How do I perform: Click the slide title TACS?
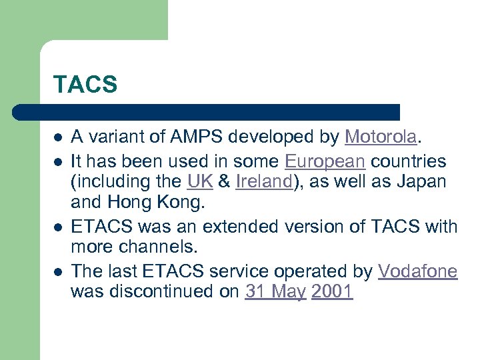85,85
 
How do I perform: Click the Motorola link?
381,137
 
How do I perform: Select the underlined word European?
325,161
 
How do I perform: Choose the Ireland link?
263,182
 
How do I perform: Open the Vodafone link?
417,271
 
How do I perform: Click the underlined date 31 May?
275,292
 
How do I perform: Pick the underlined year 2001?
331,292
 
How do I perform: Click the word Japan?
424,182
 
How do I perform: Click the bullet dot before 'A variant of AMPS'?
58,139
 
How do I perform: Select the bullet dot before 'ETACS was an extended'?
58,227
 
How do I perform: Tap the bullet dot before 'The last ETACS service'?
58,272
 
